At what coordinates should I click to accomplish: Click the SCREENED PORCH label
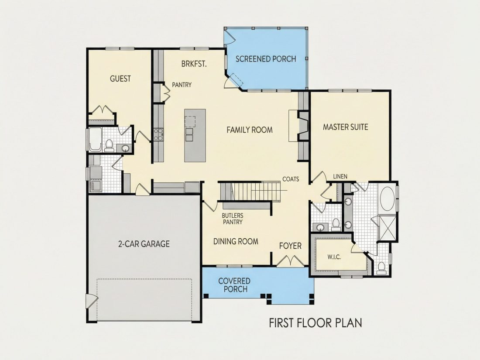[266, 59]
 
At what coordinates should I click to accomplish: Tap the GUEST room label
[120, 79]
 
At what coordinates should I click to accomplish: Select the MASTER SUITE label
[345, 127]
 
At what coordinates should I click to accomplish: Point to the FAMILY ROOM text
[250, 130]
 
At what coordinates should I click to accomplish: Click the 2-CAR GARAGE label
[144, 243]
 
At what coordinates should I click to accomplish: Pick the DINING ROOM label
[236, 242]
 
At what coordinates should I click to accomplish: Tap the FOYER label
[290, 246]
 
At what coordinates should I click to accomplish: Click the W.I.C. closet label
[334, 257]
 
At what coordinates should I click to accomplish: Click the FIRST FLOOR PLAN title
[315, 322]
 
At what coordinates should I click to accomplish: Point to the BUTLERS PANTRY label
[233, 219]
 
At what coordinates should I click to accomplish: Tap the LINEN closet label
[340, 176]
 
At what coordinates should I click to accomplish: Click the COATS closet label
[291, 179]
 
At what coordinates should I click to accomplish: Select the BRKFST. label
[194, 64]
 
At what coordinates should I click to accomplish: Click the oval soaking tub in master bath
[387, 199]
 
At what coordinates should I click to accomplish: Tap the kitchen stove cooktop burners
[158, 134]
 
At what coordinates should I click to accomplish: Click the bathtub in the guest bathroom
[95, 139]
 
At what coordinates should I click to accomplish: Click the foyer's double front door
[290, 261]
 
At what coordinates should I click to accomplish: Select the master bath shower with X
[387, 228]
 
